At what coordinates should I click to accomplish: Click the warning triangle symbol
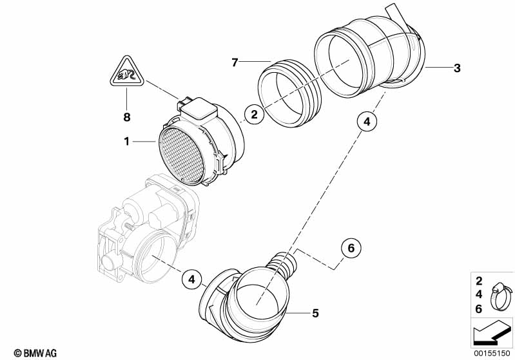[126, 71]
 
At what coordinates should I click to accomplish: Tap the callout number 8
[127, 117]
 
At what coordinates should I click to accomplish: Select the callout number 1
[127, 140]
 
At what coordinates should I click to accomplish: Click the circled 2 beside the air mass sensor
[254, 115]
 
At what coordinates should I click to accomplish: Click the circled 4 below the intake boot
[365, 120]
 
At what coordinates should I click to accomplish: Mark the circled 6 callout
[351, 247]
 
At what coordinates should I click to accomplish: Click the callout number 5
[315, 314]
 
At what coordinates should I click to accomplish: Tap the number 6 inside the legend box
[479, 309]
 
